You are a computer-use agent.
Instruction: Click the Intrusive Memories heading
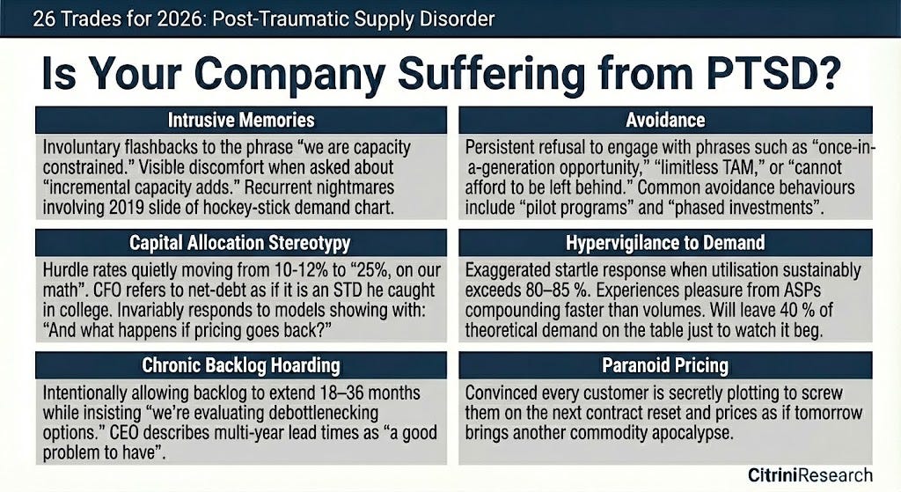point(240,120)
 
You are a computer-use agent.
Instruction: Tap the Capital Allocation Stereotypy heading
point(240,243)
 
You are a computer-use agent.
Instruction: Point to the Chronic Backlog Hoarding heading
point(240,364)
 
